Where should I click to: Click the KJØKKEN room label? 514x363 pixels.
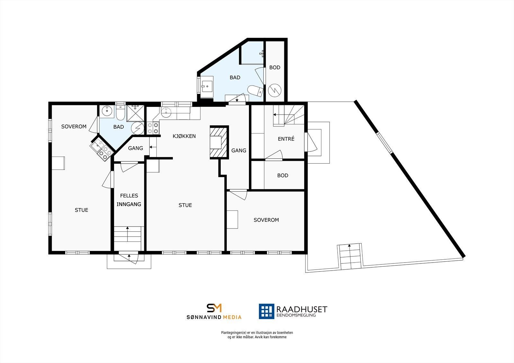click(184, 136)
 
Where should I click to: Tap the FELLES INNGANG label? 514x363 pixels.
click(129, 200)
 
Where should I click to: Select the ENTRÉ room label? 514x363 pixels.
click(286, 139)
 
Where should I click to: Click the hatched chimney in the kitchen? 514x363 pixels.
click(219, 142)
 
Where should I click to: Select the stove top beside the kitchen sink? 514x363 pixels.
click(153, 128)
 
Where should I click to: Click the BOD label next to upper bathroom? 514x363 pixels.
click(275, 67)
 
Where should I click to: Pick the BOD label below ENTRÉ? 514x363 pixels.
click(283, 176)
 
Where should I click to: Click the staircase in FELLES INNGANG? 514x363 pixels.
click(128, 234)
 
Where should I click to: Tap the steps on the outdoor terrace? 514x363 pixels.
click(350, 256)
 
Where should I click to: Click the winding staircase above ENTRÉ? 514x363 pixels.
click(288, 115)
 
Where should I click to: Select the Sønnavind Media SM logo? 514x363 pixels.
click(214, 308)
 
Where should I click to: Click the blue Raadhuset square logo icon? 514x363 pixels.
click(267, 311)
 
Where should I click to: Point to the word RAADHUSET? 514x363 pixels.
click(302, 309)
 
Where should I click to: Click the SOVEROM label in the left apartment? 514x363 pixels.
click(74, 126)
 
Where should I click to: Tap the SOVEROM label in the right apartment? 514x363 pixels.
click(266, 220)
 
